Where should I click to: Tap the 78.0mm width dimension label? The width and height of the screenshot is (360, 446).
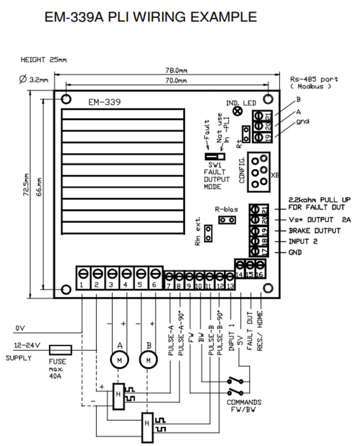coord(176,70)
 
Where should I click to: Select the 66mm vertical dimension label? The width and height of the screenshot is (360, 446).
coord(39,187)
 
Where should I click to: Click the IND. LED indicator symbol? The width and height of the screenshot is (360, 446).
coord(238,111)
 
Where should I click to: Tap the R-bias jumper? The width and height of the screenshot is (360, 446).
coord(227,220)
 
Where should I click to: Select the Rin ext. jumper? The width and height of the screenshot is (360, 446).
coord(208,233)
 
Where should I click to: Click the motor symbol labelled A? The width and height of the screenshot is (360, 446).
coord(120,360)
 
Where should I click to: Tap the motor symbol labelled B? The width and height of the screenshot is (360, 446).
coord(148,360)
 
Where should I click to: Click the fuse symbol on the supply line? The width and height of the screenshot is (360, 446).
coord(60,350)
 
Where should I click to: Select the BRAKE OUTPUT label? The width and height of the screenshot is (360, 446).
coord(315,231)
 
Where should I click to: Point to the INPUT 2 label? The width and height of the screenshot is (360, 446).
coord(303,241)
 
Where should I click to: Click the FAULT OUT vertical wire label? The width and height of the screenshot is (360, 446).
coord(250,331)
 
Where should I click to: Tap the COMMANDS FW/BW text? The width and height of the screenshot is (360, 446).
coord(244,406)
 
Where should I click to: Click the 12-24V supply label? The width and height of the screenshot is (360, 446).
coord(27,346)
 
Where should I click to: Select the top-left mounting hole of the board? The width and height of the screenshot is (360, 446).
coord(66,99)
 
